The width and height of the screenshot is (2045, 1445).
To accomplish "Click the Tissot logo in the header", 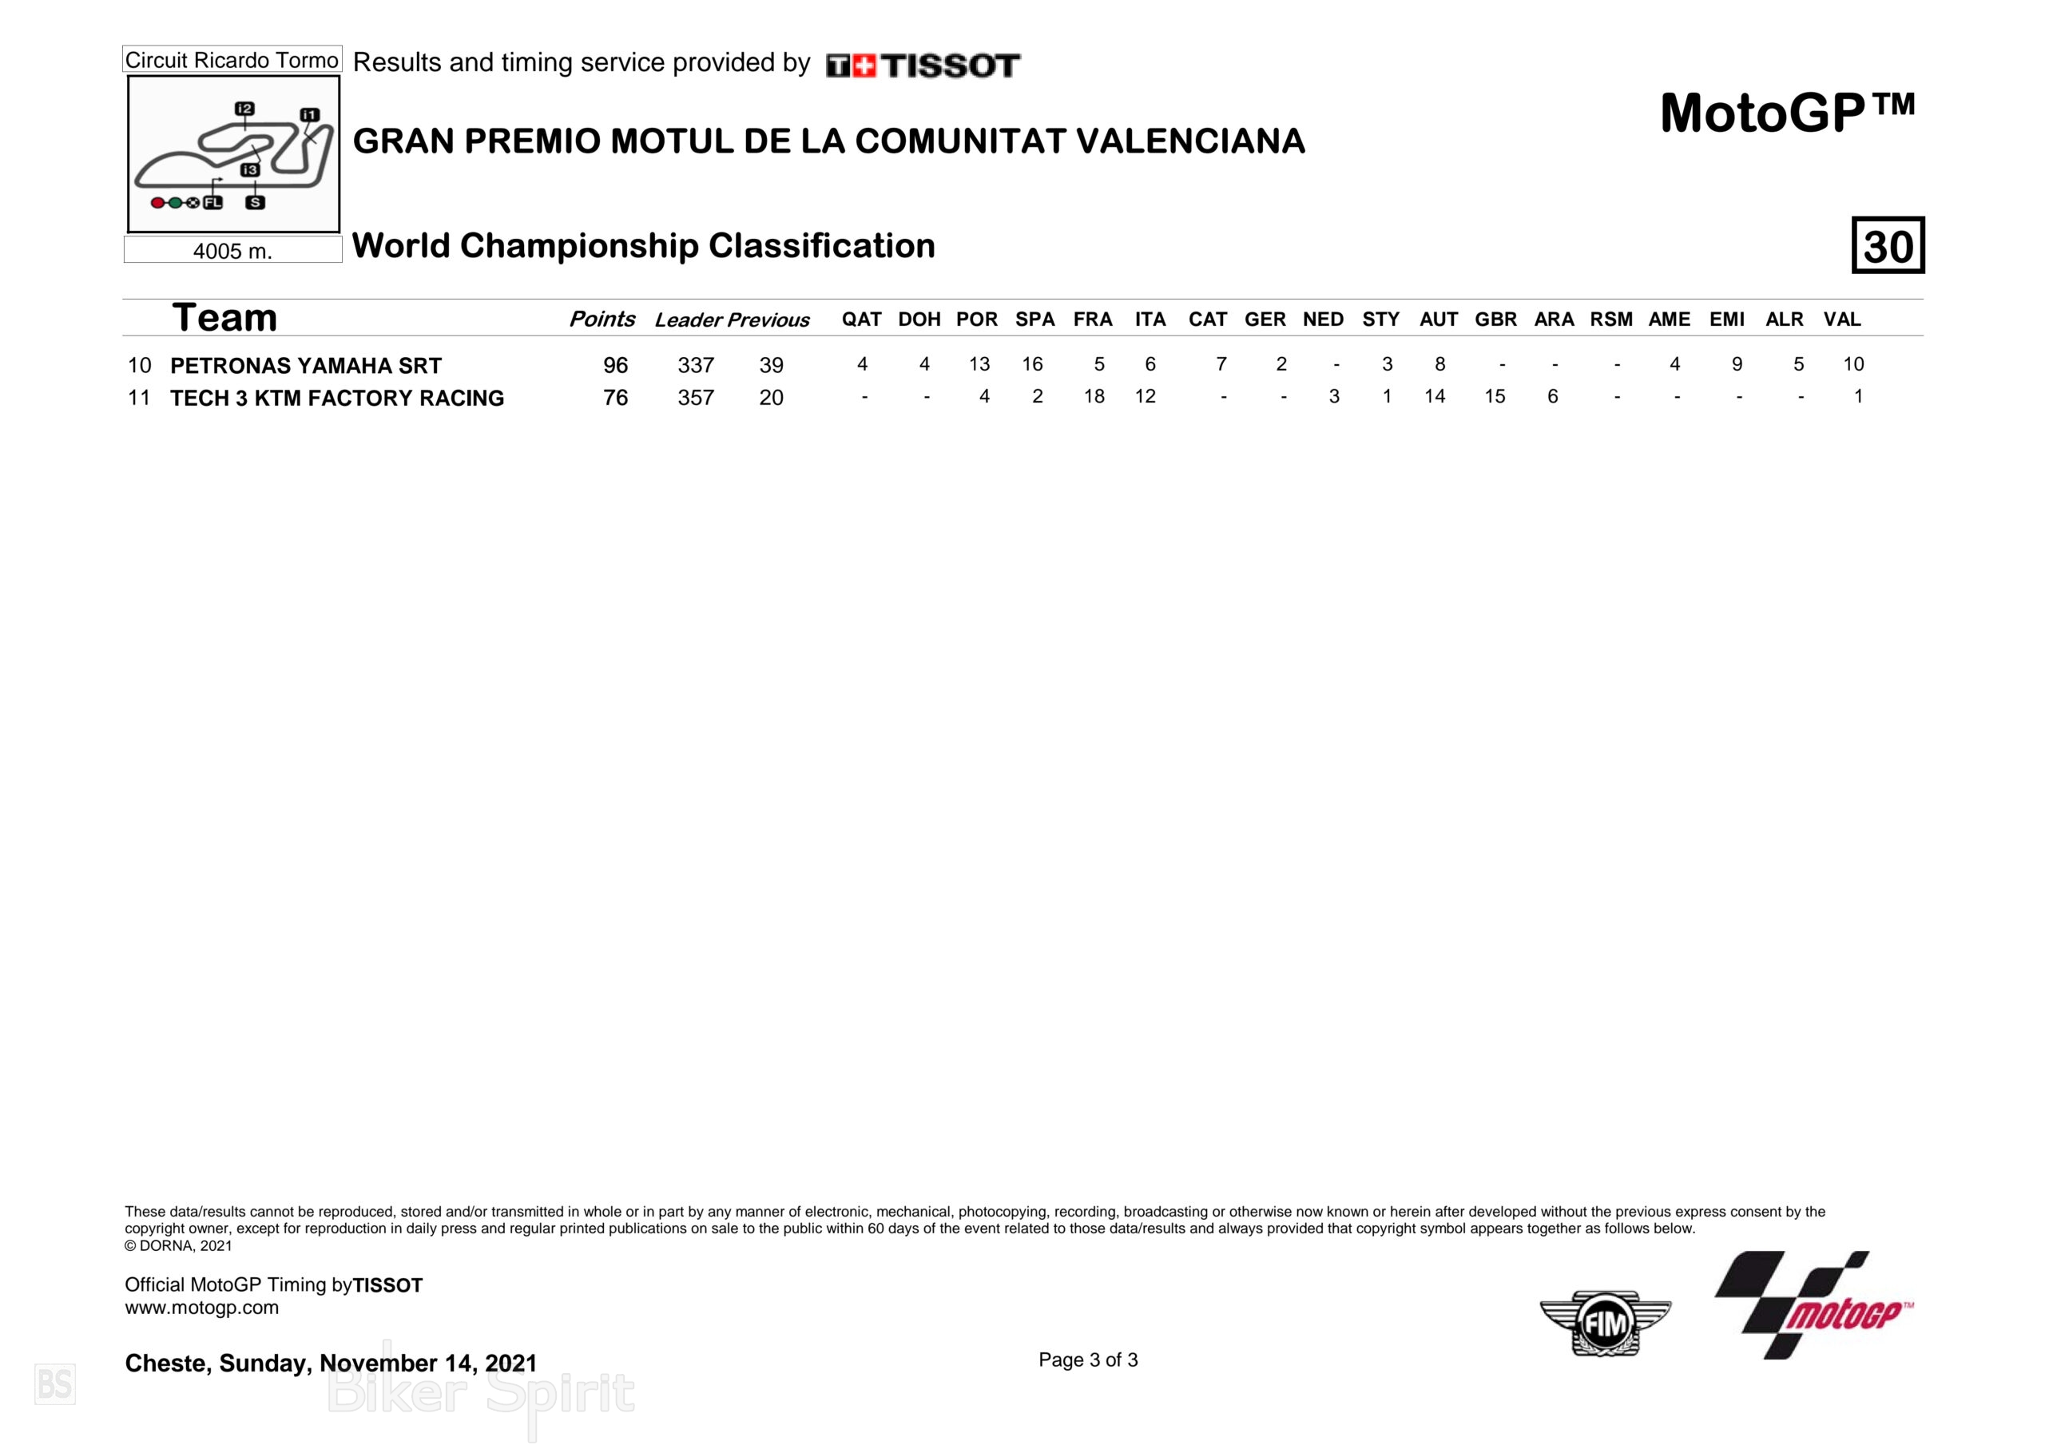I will tap(923, 65).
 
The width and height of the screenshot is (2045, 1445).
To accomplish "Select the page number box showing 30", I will tap(1888, 245).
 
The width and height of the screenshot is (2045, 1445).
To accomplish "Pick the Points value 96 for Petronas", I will tap(615, 365).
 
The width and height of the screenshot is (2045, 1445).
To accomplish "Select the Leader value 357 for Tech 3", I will tap(696, 397).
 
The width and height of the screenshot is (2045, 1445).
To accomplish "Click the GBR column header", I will tap(1495, 319).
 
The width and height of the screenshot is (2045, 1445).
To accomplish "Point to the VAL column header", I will tap(1842, 319).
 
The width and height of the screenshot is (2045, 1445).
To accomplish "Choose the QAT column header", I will tap(861, 319).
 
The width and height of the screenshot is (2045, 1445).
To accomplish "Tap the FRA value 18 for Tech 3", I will tap(1094, 396).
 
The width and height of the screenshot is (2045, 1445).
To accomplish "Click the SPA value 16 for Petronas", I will tap(1032, 364).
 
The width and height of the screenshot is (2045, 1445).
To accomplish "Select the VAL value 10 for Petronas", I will tap(1852, 364).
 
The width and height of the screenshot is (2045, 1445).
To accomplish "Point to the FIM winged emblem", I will tap(1605, 1323).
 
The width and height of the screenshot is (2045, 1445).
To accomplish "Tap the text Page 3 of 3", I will tap(1087, 1360).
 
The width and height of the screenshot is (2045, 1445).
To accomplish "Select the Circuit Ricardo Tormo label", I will tap(232, 60).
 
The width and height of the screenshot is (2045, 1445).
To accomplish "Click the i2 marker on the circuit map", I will tap(244, 109).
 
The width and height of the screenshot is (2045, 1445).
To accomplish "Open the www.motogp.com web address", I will tap(201, 1308).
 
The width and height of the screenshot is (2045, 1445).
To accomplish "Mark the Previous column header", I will tap(768, 320).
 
